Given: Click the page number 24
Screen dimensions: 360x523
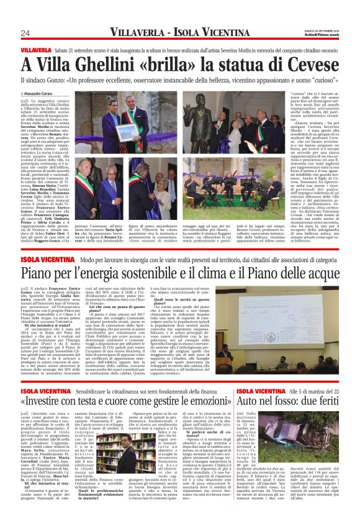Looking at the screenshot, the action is tap(25, 33).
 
